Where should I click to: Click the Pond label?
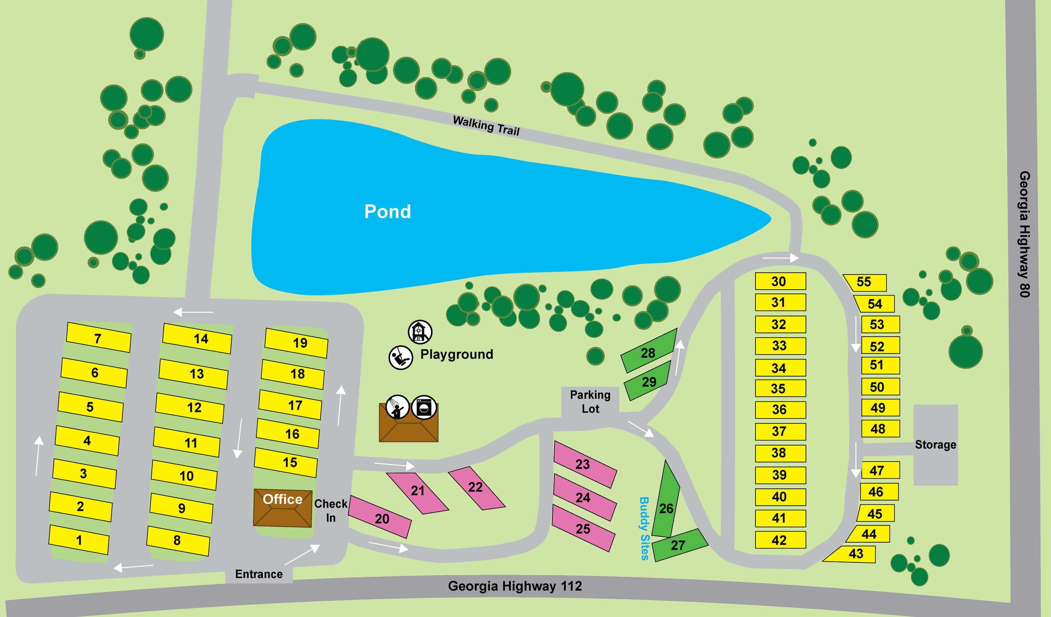[387, 211]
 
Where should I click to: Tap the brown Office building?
[283, 508]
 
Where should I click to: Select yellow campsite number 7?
[98, 338]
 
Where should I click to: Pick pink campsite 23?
[584, 464]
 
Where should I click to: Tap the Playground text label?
[457, 354]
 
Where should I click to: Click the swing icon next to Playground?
[400, 358]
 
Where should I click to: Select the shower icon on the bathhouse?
[397, 407]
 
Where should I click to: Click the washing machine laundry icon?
[424, 407]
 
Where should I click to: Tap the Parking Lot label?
[590, 401]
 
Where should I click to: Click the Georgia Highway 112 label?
[515, 586]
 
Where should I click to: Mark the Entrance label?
[259, 574]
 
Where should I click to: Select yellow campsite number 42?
[780, 540]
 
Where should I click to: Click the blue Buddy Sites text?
[644, 528]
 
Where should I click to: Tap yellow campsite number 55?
[865, 282]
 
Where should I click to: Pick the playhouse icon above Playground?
[420, 332]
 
